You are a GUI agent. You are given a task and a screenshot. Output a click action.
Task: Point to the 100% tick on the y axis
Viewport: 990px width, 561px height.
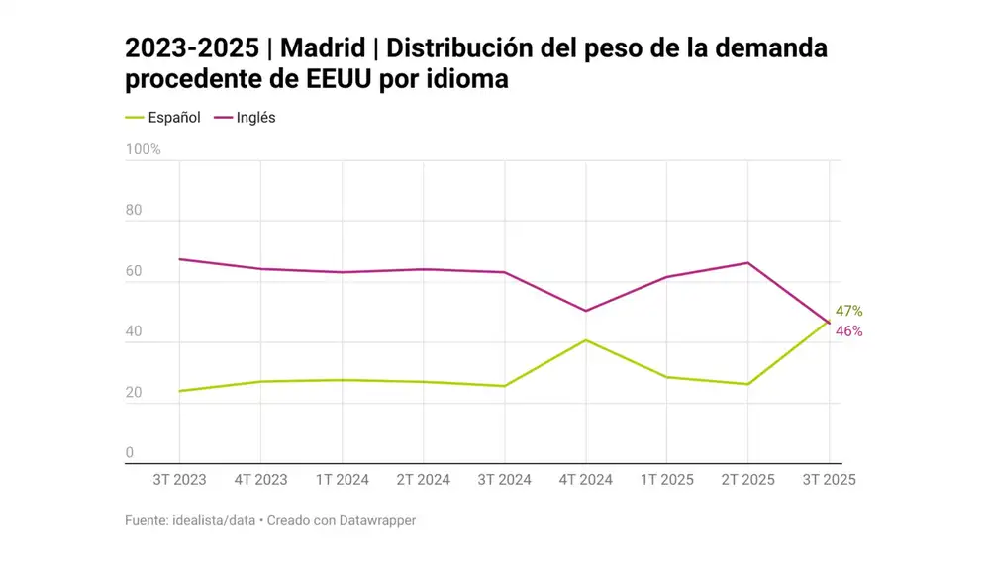coord(143,149)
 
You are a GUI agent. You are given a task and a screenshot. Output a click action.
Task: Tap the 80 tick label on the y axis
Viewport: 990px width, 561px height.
coord(134,211)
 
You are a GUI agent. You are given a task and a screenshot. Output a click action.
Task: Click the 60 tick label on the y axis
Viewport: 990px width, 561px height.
coord(134,271)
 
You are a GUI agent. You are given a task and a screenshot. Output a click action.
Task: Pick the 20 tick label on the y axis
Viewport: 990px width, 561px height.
coord(134,393)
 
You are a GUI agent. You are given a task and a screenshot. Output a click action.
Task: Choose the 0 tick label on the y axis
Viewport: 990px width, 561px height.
coord(129,453)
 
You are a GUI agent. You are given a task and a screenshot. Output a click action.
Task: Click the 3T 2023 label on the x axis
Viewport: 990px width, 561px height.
coord(179,480)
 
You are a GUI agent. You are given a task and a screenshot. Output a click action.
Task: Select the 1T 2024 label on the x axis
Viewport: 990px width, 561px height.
coord(342,480)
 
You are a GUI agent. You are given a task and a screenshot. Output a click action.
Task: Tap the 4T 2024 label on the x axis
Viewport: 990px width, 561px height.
coord(585,480)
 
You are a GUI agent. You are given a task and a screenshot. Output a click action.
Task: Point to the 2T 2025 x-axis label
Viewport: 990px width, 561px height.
coord(747,480)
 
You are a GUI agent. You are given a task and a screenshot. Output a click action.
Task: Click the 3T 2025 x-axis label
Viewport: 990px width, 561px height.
coord(828,480)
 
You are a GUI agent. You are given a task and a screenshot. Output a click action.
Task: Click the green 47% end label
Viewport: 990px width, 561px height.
coord(848,311)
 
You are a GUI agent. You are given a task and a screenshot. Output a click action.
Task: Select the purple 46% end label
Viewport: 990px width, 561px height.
coord(848,331)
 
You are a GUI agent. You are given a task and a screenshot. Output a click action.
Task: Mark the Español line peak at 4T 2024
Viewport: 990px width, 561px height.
coord(585,340)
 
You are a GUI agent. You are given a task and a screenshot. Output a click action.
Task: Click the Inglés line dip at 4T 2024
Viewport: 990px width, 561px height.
coord(585,311)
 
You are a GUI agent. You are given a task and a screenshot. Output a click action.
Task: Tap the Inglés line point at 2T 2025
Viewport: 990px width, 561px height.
coord(747,263)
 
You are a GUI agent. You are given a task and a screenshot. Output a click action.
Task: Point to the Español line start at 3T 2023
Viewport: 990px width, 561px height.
coord(179,391)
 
